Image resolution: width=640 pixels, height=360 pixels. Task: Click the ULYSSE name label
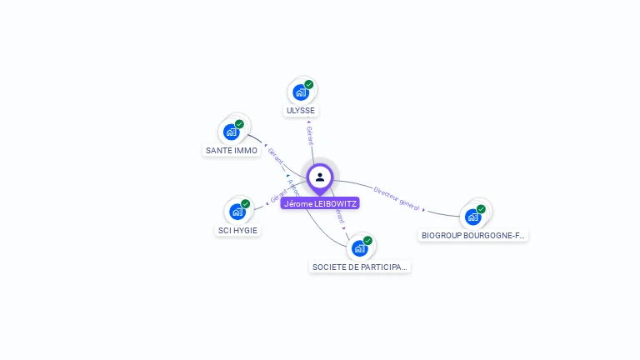[x=301, y=111]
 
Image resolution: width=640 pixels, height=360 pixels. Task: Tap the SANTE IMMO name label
[x=232, y=151]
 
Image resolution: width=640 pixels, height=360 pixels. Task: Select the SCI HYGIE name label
[x=238, y=230]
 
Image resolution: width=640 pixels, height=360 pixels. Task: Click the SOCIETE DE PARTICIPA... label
[x=360, y=267]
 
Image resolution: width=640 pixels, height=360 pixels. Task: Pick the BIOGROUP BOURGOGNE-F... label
[x=473, y=236]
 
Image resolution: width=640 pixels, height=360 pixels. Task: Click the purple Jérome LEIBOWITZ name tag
[x=320, y=203]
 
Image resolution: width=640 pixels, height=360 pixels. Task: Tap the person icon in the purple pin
[x=320, y=177]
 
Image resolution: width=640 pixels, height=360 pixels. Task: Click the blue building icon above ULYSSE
[x=301, y=92]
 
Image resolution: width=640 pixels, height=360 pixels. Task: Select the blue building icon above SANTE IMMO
[x=232, y=132]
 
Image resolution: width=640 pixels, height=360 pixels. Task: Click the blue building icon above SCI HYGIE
[x=237, y=212]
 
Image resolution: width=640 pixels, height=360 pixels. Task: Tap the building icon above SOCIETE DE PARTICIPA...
[x=359, y=248]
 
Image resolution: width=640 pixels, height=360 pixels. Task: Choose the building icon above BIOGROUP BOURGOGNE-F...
[x=472, y=217]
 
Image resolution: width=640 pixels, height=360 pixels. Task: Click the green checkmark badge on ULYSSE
[x=309, y=84]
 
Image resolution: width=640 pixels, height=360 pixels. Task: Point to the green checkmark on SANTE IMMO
[x=240, y=124]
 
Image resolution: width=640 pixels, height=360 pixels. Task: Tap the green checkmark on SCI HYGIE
[x=246, y=203]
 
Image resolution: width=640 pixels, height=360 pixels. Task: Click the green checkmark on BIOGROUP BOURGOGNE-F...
[x=481, y=209]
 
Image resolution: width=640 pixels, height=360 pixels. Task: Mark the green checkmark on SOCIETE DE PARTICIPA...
[x=367, y=241]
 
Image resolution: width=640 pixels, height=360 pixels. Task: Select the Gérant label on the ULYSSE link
[x=309, y=136]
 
